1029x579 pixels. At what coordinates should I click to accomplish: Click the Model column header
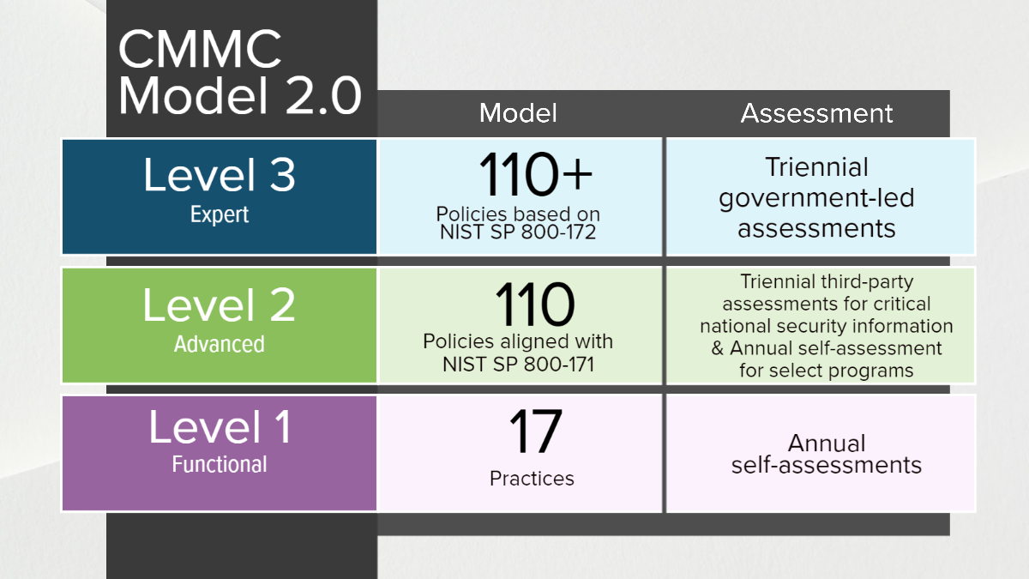coord(518,113)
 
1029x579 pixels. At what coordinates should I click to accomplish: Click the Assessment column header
coord(816,113)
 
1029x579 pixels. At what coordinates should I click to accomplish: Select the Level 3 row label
coord(220,174)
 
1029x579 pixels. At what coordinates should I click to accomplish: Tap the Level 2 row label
coord(220,305)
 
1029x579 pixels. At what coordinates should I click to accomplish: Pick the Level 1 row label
coord(220,427)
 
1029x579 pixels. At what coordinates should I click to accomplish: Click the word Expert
coord(220,215)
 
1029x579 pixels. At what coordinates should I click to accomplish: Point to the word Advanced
coord(220,344)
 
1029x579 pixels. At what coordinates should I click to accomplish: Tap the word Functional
coord(220,465)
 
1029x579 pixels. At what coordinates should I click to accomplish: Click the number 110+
coord(535,175)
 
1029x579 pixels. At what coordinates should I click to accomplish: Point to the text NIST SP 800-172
coord(518,232)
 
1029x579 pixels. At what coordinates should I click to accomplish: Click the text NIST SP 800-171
coord(518,363)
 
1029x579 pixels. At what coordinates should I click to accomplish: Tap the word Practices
coord(532,478)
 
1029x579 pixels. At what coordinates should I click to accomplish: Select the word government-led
coord(816,198)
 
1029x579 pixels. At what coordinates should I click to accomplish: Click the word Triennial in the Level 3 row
coord(816,167)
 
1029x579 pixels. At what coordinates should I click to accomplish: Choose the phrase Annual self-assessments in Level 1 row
coord(826,455)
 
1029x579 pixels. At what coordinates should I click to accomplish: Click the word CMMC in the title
coord(200,50)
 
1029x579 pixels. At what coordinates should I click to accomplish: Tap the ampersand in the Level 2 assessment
coord(718,349)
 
